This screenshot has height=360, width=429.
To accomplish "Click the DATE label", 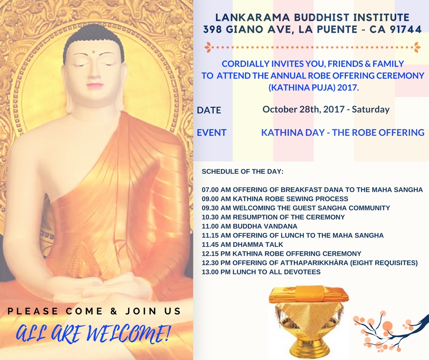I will (x=209, y=110).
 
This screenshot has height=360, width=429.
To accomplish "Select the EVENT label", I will (x=211, y=132).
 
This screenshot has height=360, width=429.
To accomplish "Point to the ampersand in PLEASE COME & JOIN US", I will (x=111, y=312).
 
